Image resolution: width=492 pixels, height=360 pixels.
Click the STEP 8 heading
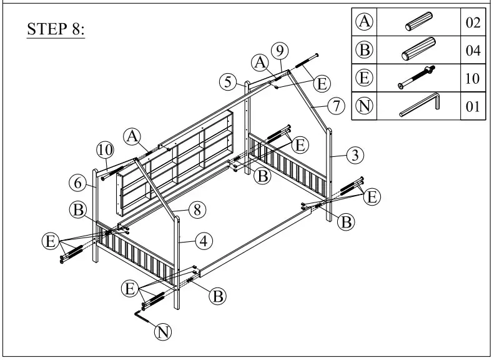click(56, 30)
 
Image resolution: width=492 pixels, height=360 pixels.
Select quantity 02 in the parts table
click(473, 23)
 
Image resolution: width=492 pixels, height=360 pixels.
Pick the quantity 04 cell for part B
click(473, 51)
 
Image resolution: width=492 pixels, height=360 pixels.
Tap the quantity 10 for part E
click(473, 78)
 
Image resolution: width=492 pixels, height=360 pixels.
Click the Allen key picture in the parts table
click(420, 104)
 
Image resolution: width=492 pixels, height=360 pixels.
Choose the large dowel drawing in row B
click(418, 50)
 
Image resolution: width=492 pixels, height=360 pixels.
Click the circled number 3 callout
click(355, 154)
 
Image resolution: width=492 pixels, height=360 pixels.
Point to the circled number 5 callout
click(228, 81)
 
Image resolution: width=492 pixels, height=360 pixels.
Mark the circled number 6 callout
click(77, 182)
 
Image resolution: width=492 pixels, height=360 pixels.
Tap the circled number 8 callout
click(197, 210)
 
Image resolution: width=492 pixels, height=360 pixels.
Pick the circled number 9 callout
click(280, 49)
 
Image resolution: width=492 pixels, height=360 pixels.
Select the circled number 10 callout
click(105, 150)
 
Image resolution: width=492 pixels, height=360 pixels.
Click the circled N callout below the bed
click(163, 332)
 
